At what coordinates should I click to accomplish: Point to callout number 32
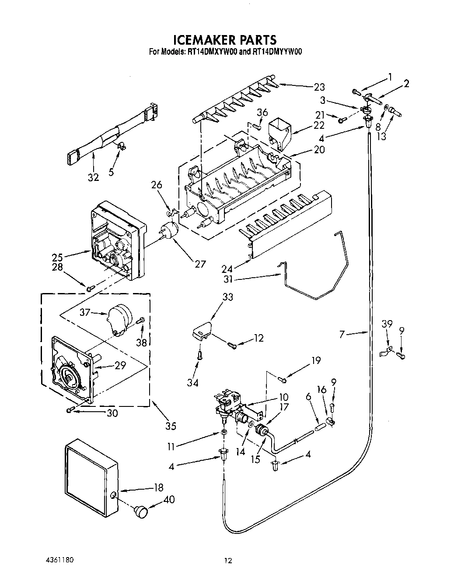(x=93, y=177)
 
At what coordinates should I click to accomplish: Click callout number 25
(x=57, y=257)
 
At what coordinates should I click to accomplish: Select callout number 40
(x=168, y=500)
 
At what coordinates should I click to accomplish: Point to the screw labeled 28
(x=91, y=288)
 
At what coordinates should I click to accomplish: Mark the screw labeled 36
(x=258, y=127)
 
